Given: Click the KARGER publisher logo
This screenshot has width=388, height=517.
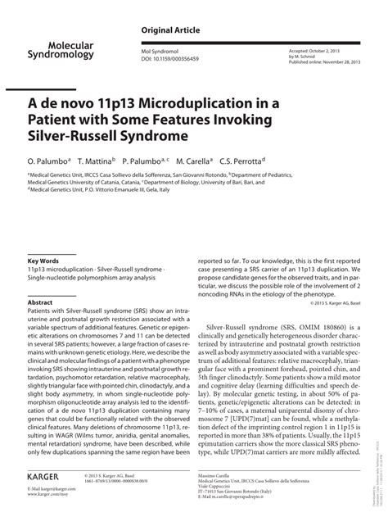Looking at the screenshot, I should [x=49, y=475].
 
